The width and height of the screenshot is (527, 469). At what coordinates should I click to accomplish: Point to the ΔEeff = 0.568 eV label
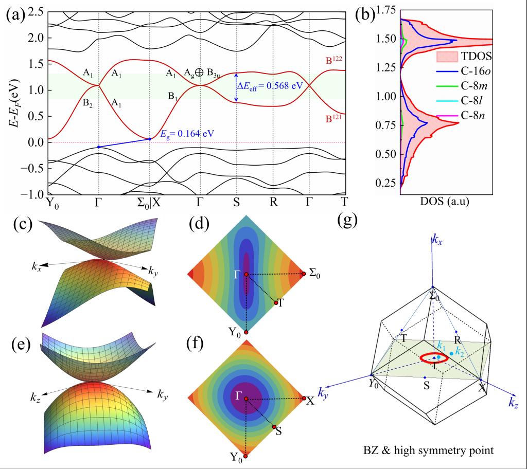click(270, 86)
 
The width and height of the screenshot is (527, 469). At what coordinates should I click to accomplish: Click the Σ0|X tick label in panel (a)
click(149, 201)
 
